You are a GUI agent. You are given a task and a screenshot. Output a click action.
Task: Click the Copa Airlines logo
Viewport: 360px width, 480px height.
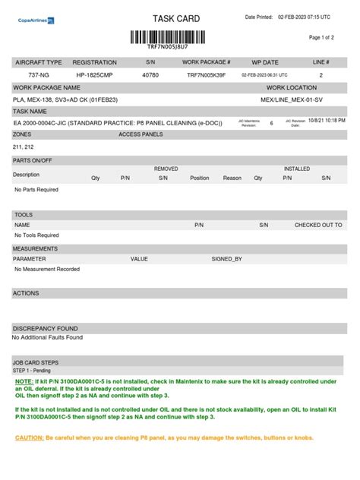36,22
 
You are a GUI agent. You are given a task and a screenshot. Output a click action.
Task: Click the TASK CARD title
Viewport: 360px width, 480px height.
175,18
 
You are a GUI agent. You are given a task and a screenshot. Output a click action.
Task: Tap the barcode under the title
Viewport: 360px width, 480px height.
175,36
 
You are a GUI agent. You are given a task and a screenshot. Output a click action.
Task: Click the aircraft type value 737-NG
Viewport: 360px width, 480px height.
39,75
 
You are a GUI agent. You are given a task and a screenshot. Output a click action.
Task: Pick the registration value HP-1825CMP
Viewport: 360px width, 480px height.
94,75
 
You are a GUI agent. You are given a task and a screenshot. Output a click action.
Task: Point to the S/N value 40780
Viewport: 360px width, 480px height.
150,75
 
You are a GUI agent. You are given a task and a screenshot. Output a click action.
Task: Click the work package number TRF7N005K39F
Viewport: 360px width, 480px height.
207,75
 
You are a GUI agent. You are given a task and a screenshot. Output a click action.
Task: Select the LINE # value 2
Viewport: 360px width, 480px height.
321,75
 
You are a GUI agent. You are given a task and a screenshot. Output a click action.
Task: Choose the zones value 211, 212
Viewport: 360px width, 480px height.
24,147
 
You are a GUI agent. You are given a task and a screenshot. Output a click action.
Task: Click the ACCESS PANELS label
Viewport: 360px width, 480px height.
141,134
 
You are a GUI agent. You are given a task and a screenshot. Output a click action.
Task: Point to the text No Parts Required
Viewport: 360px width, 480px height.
36,190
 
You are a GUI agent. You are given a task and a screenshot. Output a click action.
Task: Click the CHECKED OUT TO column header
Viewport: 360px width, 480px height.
318,226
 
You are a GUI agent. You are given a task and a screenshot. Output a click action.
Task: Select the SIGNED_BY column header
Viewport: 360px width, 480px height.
226,259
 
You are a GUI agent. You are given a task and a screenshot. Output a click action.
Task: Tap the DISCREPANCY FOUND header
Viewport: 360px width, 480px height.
45,328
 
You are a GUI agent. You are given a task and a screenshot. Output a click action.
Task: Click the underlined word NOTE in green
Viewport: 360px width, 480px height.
24,381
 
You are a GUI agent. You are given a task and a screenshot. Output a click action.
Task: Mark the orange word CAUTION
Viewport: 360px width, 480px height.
29,437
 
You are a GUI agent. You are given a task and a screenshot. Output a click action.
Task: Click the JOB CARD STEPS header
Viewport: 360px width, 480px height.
36,363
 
